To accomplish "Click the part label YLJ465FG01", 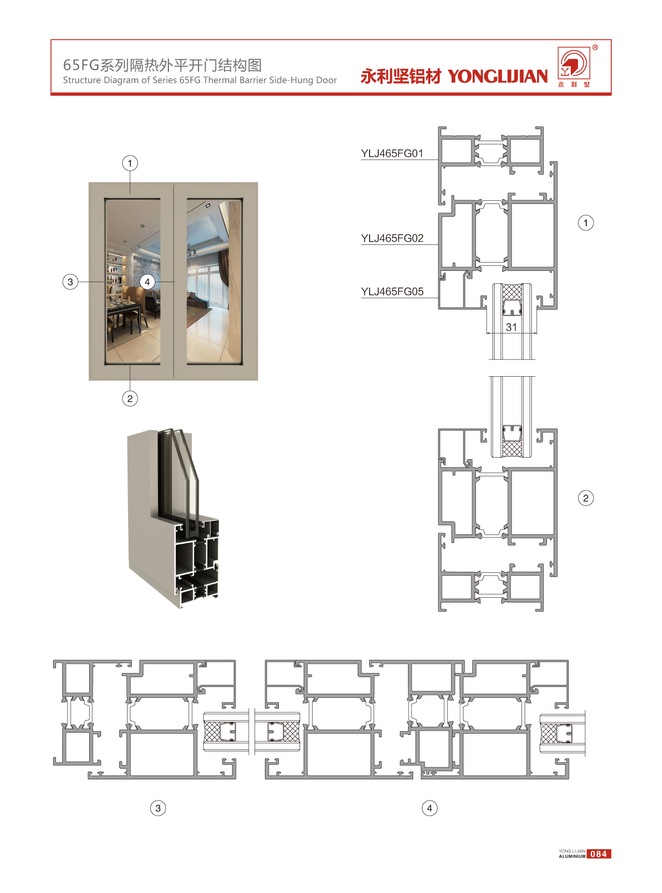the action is [x=392, y=154].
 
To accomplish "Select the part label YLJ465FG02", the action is [x=392, y=239].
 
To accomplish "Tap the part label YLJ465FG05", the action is [x=392, y=292].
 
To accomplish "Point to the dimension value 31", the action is [x=512, y=327].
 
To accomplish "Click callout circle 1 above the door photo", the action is [x=130, y=163].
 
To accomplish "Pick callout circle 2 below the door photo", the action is [x=130, y=399].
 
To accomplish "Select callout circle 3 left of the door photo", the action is [x=71, y=282].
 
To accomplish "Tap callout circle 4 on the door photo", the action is [x=147, y=282].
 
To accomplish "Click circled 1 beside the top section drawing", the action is [x=586, y=223].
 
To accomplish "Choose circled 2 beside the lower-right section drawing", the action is [x=586, y=498].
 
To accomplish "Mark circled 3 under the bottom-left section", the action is [x=158, y=808].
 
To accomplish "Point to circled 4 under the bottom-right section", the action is [x=429, y=808].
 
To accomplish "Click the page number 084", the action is [x=599, y=854].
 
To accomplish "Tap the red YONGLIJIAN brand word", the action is [x=498, y=77].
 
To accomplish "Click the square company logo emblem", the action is [x=573, y=64].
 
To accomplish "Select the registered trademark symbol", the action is [x=595, y=48].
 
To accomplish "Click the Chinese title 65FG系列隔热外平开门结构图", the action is [x=162, y=65].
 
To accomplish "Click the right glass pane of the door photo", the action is [x=215, y=281].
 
